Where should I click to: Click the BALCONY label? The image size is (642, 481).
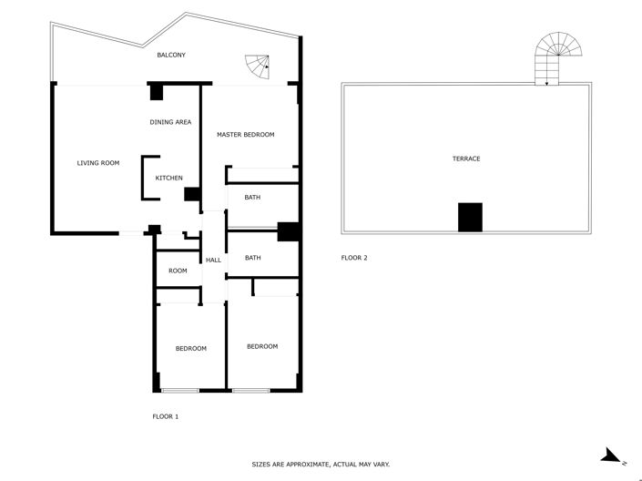coord(171,56)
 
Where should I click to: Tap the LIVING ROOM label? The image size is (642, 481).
coord(97,163)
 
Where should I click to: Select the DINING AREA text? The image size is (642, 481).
coord(170,122)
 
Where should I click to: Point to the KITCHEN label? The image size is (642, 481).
coord(169,178)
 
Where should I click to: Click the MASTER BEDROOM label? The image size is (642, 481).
coord(245,135)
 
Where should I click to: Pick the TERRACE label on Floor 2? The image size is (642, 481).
coord(466,159)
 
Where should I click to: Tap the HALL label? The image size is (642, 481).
coord(213,261)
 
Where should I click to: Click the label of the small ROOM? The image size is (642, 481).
coord(178,271)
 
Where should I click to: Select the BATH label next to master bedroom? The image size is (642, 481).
coord(252,197)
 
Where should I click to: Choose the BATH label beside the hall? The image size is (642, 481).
coord(252,258)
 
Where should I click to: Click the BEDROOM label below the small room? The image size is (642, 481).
coord(190,349)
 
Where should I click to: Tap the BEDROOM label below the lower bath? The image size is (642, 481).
coord(262,346)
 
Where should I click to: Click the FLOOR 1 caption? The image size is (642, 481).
coord(165,416)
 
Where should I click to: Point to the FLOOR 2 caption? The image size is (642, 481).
coord(354,258)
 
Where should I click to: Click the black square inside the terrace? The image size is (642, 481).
coord(469,217)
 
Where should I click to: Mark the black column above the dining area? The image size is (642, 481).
coord(157,92)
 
